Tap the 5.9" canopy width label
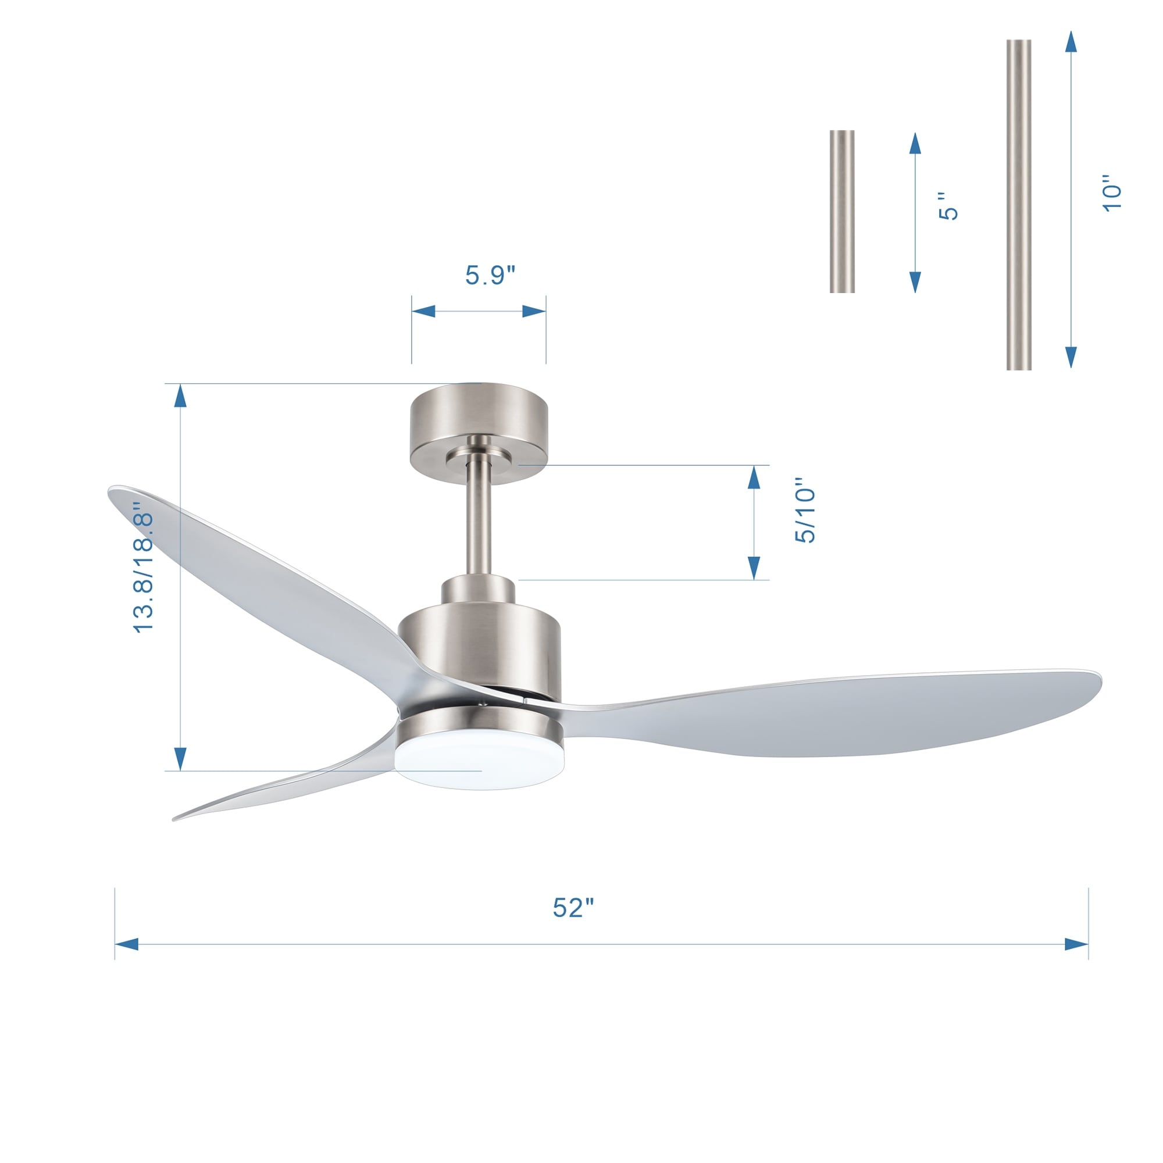point(490,275)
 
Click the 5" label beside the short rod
point(948,206)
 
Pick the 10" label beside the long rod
point(1112,193)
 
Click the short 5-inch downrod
point(841,211)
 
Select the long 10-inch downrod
point(1019,205)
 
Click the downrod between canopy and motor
point(479,524)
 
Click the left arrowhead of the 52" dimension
point(126,944)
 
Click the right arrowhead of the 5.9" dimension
point(534,311)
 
